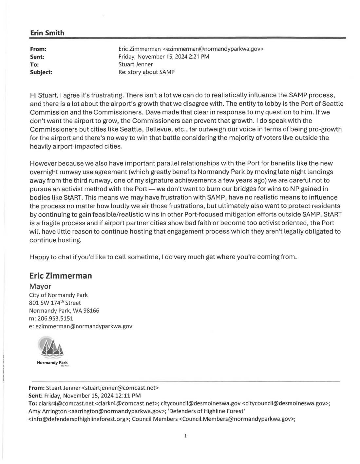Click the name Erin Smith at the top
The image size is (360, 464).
47,33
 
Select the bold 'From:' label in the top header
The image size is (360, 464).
38,49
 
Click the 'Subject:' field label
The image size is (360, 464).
41,72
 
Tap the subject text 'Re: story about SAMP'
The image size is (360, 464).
146,72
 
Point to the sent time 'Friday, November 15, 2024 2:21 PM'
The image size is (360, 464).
163,57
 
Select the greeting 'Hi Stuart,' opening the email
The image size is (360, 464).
43,95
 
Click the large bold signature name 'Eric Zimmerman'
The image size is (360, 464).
61,276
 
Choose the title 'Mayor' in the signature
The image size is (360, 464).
40,287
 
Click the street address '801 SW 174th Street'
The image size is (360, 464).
55,303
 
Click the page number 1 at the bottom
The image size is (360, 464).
185,436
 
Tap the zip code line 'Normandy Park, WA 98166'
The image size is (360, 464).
64,310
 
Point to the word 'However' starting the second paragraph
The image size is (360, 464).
42,163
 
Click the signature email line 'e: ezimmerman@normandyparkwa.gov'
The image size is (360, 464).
81,326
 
